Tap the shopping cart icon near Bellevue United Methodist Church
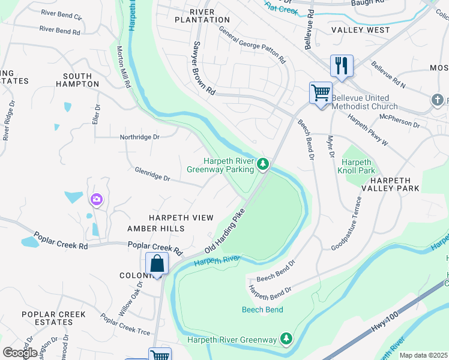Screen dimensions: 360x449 (x=321, y=93)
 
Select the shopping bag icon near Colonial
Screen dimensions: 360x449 (x=157, y=263)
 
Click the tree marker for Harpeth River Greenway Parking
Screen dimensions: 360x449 (x=262, y=164)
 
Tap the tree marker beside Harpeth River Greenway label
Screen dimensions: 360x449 (x=286, y=340)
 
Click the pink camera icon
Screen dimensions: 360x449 (x=96, y=199)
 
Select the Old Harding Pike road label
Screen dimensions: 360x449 (x=226, y=231)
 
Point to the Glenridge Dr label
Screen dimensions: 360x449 (x=152, y=175)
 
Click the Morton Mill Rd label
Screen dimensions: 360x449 (x=124, y=67)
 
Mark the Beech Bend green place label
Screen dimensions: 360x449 (x=262, y=310)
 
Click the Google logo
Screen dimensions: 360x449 (x=20, y=352)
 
